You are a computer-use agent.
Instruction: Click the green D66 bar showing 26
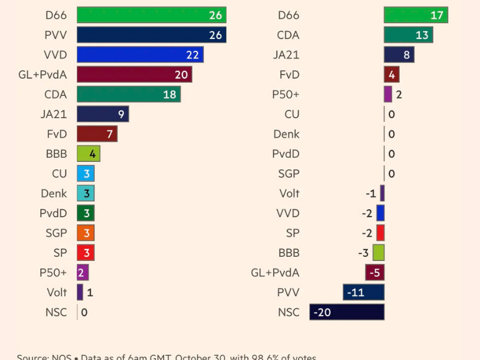[x=151, y=15]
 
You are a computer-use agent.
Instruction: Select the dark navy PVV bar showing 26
[x=151, y=35]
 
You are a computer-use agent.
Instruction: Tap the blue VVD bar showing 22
[x=140, y=55]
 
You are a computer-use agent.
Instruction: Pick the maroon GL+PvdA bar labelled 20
[x=134, y=74]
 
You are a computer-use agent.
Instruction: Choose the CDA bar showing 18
[x=128, y=94]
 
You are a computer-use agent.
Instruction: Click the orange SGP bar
[x=86, y=233]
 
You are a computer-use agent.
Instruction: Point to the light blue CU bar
[x=86, y=173]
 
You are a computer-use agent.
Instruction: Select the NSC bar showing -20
[x=347, y=312]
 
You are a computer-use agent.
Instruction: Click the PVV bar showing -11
[x=364, y=292]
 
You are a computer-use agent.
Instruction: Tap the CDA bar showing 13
[x=408, y=35]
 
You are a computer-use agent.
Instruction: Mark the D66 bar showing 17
[x=416, y=15]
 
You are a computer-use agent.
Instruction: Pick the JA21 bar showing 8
[x=399, y=55]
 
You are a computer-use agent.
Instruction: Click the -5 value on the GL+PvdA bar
[x=375, y=273]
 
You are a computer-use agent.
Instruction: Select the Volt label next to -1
[x=289, y=193]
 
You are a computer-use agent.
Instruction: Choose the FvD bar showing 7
[x=97, y=134]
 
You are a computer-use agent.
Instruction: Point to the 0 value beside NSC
[x=84, y=312]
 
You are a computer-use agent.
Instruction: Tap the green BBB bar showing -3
[x=379, y=253]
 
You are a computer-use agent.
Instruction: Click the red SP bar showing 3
[x=86, y=253]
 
